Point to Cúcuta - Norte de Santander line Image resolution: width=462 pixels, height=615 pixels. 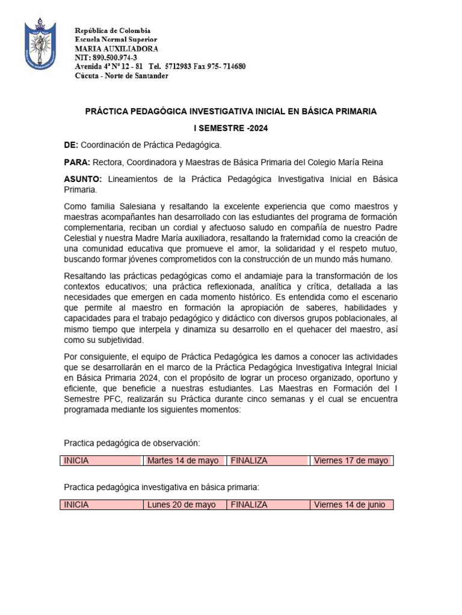pos(122,76)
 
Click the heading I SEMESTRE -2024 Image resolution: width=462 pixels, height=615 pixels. pos(230,129)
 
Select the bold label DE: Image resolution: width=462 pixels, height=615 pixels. pos(71,145)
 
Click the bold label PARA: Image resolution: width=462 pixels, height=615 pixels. pos(77,163)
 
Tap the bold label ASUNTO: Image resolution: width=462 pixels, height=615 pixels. pos(83,180)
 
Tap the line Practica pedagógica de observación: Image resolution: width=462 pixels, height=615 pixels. pos(131,443)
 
